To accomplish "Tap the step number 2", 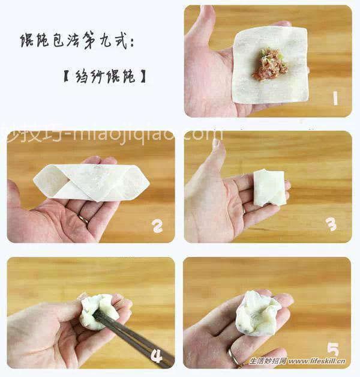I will click(157, 226).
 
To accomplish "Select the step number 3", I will click(331, 225).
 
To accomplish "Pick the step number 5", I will click(332, 349).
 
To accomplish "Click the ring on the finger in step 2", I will click(83, 219).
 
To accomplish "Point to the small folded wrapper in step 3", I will click(269, 188).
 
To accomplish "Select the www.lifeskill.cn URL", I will click(318, 362).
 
